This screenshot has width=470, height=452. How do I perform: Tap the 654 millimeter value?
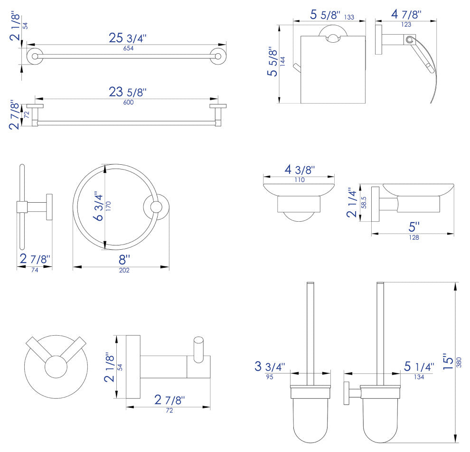[128, 48]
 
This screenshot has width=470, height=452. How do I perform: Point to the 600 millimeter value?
[128, 102]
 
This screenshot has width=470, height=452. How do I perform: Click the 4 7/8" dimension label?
[406, 14]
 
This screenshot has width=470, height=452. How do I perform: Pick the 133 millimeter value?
[349, 18]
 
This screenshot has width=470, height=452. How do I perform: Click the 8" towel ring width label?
[124, 260]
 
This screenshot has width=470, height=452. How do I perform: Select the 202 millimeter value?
[124, 270]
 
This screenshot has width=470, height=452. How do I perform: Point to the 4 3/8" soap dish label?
[300, 169]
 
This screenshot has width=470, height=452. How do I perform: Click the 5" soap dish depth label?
[414, 227]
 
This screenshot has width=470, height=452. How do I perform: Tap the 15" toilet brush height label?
[449, 361]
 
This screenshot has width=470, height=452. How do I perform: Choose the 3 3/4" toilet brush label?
[270, 366]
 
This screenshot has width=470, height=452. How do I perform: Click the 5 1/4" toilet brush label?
[419, 366]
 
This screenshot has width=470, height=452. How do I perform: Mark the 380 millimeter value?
[459, 362]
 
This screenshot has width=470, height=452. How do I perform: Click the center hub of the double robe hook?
[56, 367]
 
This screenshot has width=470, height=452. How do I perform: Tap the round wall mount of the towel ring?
[156, 207]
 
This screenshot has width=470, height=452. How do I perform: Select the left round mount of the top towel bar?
[35, 56]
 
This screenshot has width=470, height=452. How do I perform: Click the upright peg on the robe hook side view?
[198, 350]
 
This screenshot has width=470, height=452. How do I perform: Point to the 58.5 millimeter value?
[364, 203]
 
